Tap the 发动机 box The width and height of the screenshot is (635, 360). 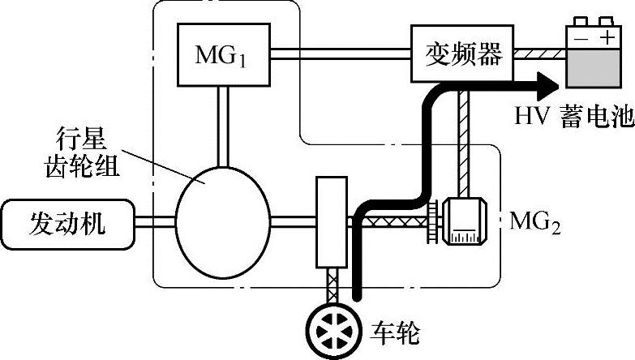68,221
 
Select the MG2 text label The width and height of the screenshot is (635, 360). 535,221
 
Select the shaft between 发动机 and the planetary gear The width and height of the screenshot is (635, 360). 154,221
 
